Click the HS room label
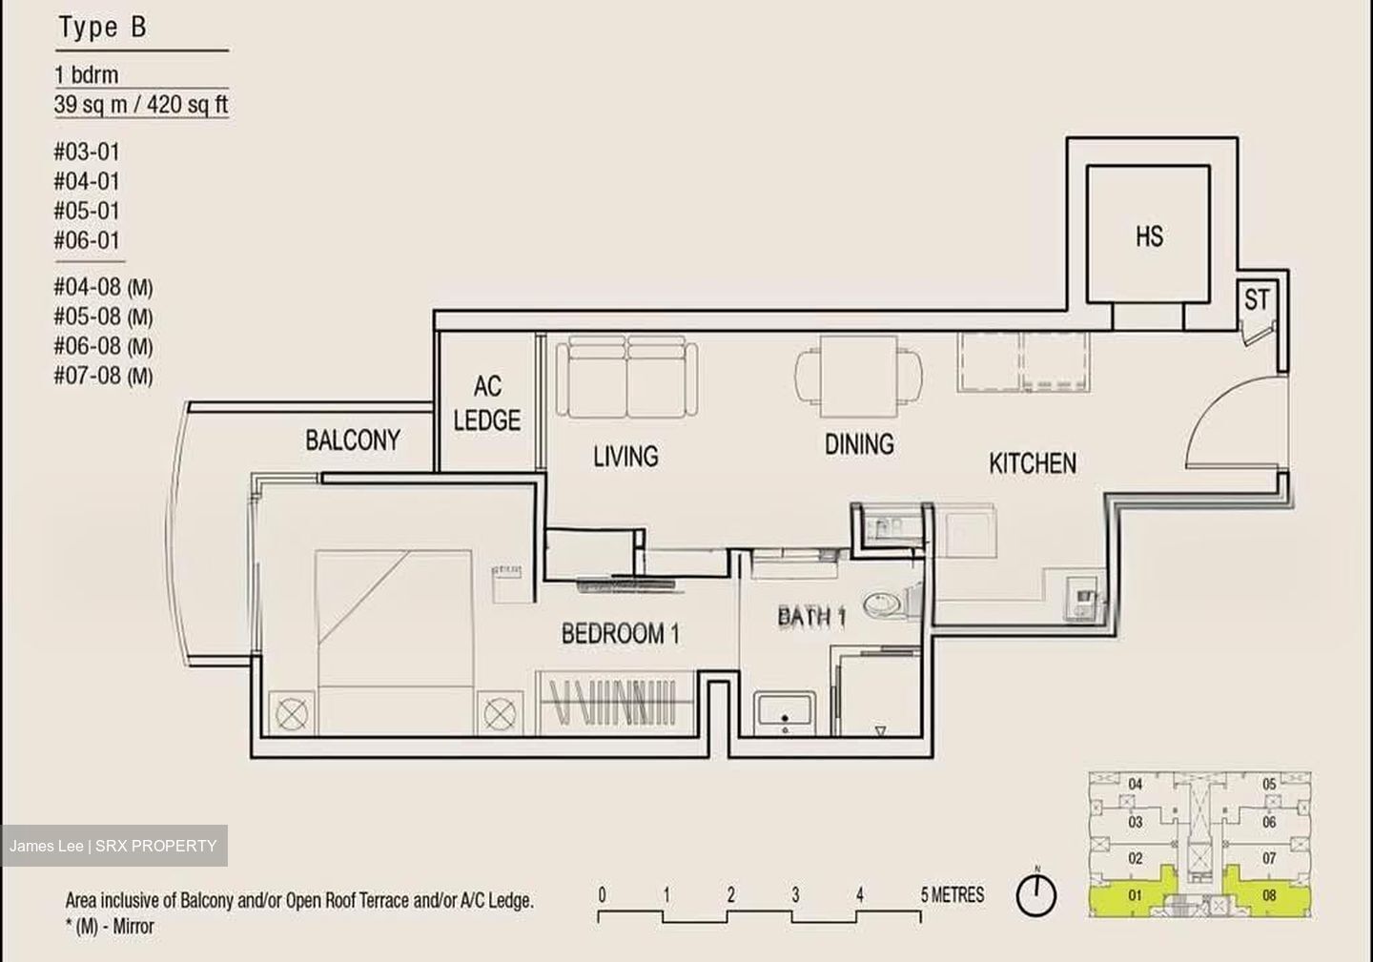1149,236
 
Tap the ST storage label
1257,299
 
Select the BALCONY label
353,440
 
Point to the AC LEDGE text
487,403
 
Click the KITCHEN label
1033,463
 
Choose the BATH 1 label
812,617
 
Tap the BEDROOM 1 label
621,634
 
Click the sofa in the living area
627,377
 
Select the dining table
859,377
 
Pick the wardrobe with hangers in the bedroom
616,703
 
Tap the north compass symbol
1035,894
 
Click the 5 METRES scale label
953,895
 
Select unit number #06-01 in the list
87,240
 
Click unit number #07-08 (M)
103,376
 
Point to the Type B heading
102,28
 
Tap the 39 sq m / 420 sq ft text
141,104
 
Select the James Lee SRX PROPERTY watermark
113,846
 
